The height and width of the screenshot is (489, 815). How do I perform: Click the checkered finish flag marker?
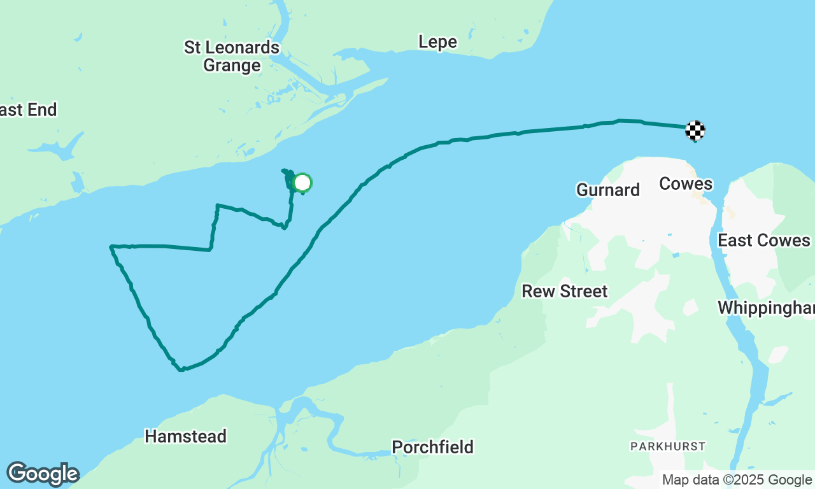[695, 131]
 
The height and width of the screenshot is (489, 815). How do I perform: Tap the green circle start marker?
[302, 183]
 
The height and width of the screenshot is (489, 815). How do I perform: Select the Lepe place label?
[437, 42]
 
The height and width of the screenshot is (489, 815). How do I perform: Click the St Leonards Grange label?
[232, 56]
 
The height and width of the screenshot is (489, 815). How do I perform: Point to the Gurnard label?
[607, 190]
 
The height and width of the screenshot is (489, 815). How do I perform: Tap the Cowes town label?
[686, 184]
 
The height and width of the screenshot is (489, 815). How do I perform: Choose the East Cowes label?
[764, 240]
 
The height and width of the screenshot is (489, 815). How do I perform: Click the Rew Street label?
[565, 291]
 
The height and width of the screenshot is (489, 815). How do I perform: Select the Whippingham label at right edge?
[766, 308]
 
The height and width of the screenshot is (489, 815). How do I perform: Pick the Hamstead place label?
[185, 436]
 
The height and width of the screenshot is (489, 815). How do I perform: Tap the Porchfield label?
[432, 447]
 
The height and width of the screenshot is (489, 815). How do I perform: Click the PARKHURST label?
[668, 446]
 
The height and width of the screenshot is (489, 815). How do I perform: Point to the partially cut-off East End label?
[28, 110]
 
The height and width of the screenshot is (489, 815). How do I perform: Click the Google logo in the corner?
[43, 474]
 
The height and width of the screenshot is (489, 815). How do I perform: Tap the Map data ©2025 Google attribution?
[737, 480]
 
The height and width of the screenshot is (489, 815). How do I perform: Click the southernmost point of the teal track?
[182, 369]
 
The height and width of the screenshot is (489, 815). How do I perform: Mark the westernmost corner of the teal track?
[111, 246]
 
